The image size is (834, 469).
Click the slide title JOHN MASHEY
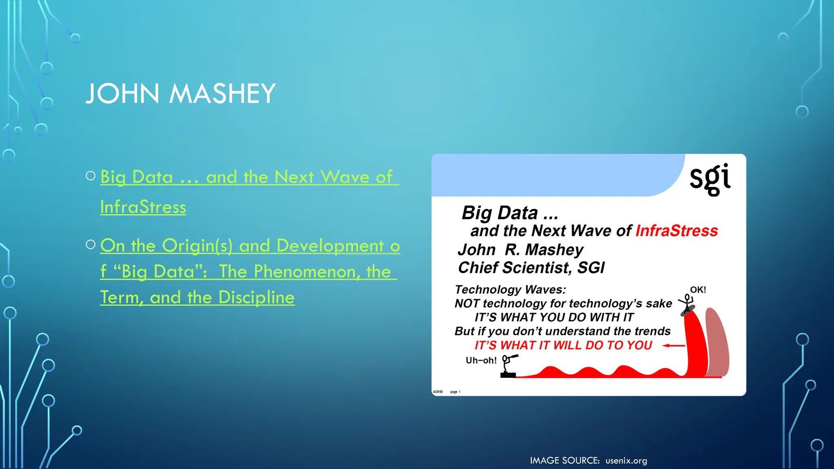pyautogui.click(x=180, y=94)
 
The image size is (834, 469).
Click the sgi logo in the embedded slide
pyautogui.click(x=710, y=179)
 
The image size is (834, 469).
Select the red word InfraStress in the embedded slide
pyautogui.click(x=676, y=231)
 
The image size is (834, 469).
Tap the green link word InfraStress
pyautogui.click(x=143, y=207)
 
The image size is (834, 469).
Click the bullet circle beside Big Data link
pyautogui.click(x=90, y=176)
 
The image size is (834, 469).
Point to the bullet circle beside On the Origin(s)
pyautogui.click(x=90, y=244)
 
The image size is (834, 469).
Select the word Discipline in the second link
pyautogui.click(x=256, y=298)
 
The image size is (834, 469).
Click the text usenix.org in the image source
pyautogui.click(x=626, y=461)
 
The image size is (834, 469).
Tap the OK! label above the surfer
pyautogui.click(x=698, y=290)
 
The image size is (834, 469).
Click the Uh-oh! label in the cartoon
pyautogui.click(x=481, y=360)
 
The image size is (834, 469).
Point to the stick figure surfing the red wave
pyautogui.click(x=687, y=305)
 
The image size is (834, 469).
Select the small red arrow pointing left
pyautogui.click(x=674, y=346)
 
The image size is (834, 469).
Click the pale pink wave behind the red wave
pyautogui.click(x=718, y=342)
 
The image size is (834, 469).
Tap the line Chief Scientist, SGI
pyautogui.click(x=531, y=268)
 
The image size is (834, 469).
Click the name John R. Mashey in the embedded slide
pyautogui.click(x=520, y=250)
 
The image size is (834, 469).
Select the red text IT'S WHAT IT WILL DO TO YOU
pyautogui.click(x=563, y=345)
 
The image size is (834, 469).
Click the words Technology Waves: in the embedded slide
pyautogui.click(x=510, y=289)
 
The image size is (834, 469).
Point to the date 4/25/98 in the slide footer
pyautogui.click(x=438, y=392)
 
